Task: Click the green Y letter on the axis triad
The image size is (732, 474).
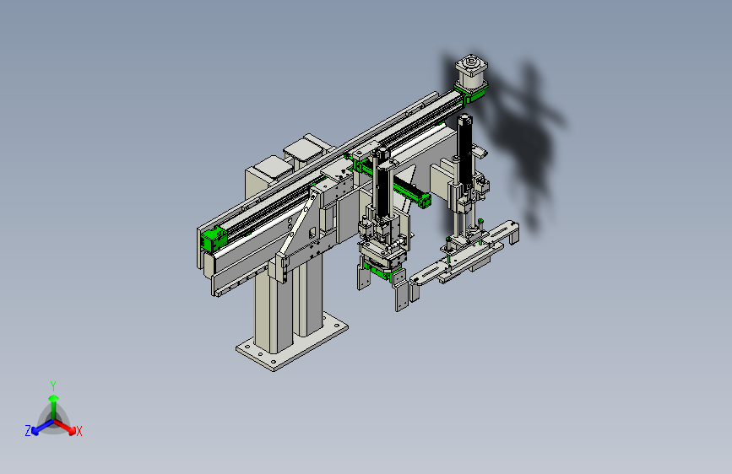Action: coord(53,385)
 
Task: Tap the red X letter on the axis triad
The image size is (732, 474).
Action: coord(79,431)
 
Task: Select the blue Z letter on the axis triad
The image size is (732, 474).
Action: coord(28,431)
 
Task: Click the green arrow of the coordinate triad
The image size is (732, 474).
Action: coord(54,407)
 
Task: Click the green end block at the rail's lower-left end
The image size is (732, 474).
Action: coord(214,238)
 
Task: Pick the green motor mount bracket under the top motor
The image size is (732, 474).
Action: coord(473,91)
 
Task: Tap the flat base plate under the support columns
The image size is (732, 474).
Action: coord(292,342)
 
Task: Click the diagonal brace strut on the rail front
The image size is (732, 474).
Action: coord(297,225)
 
